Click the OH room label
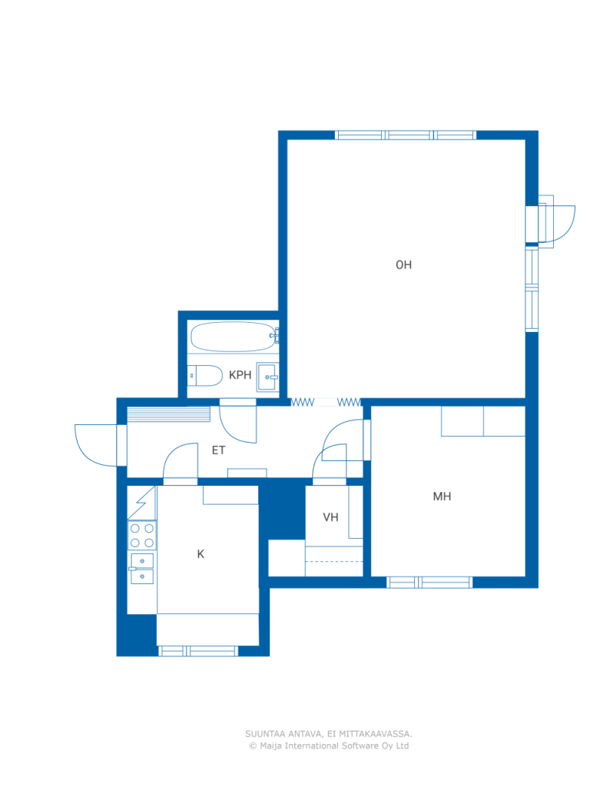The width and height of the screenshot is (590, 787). click(403, 264)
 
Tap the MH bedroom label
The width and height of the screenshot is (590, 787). click(442, 496)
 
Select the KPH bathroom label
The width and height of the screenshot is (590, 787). click(240, 375)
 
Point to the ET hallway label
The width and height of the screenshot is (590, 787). click(218, 450)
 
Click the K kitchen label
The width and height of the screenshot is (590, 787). click(201, 554)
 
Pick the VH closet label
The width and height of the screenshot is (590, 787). click(330, 517)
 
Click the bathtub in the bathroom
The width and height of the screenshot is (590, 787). click(234, 337)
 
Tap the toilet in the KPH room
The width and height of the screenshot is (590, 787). click(205, 375)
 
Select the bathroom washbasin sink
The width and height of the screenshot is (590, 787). click(267, 377)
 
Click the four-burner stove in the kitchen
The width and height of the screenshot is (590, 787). click(142, 536)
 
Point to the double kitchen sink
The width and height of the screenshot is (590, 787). click(142, 569)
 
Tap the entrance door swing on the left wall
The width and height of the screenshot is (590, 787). click(96, 445)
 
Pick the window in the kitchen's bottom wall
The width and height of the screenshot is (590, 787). click(197, 651)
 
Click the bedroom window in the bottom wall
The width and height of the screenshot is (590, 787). click(429, 583)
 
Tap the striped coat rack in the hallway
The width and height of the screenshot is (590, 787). click(168, 414)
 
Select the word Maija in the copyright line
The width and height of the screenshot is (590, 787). click(270, 745)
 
